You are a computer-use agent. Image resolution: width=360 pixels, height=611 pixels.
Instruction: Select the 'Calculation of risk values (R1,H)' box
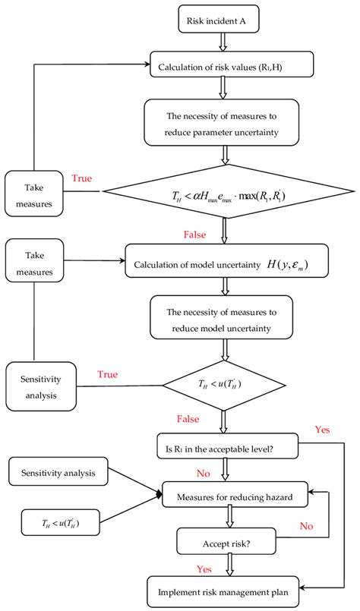click(x=227, y=64)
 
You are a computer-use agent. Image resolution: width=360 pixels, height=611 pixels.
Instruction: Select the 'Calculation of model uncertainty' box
click(x=227, y=262)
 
